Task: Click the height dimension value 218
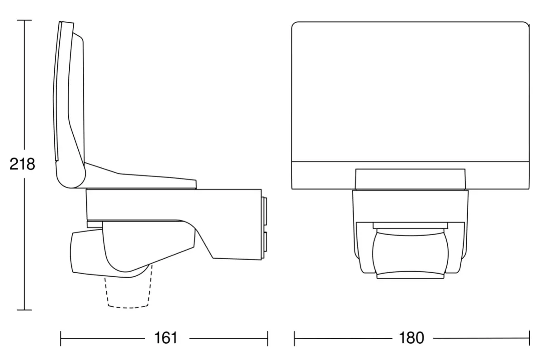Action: click(22, 164)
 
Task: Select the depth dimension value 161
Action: click(166, 338)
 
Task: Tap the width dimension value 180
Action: click(412, 338)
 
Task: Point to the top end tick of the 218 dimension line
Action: click(24, 20)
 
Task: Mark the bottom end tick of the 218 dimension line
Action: click(24, 310)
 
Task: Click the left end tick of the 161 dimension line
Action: click(61, 338)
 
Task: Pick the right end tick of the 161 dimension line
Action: click(268, 338)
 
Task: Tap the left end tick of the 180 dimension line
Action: click(294, 338)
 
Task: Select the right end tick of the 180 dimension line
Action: click(529, 338)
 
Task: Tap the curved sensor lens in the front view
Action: click(410, 253)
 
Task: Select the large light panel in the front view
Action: click(410, 90)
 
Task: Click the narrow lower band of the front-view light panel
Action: click(410, 175)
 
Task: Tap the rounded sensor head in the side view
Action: click(86, 253)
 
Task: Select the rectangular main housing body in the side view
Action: click(172, 204)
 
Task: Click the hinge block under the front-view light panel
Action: click(410, 179)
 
